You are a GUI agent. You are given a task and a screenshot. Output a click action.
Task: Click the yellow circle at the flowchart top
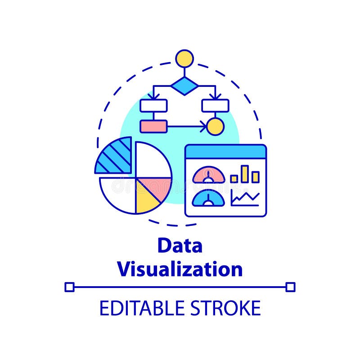[x=184, y=58]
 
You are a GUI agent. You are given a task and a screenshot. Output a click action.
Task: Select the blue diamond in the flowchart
[x=184, y=85]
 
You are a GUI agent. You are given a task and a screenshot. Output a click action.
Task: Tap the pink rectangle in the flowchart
[x=153, y=126]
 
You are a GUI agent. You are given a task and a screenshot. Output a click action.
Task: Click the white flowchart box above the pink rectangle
[x=153, y=105]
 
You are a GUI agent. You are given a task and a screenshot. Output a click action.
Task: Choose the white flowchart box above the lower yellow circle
[x=215, y=105]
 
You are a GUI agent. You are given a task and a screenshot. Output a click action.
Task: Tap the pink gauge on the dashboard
[x=208, y=175]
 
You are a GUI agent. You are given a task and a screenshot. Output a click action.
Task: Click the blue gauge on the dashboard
[x=208, y=198]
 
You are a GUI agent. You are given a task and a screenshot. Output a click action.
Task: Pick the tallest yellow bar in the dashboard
[x=244, y=174]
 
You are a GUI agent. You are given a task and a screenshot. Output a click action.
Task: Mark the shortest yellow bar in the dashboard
[x=234, y=179]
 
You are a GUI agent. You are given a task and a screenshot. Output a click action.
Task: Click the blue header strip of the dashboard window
[x=225, y=151]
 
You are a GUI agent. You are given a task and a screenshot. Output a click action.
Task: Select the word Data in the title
[x=180, y=246]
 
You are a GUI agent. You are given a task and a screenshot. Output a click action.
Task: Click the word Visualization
[x=180, y=269]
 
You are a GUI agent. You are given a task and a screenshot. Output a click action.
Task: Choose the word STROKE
[x=225, y=308]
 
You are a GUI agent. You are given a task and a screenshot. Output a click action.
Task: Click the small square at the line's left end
[x=69, y=287]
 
